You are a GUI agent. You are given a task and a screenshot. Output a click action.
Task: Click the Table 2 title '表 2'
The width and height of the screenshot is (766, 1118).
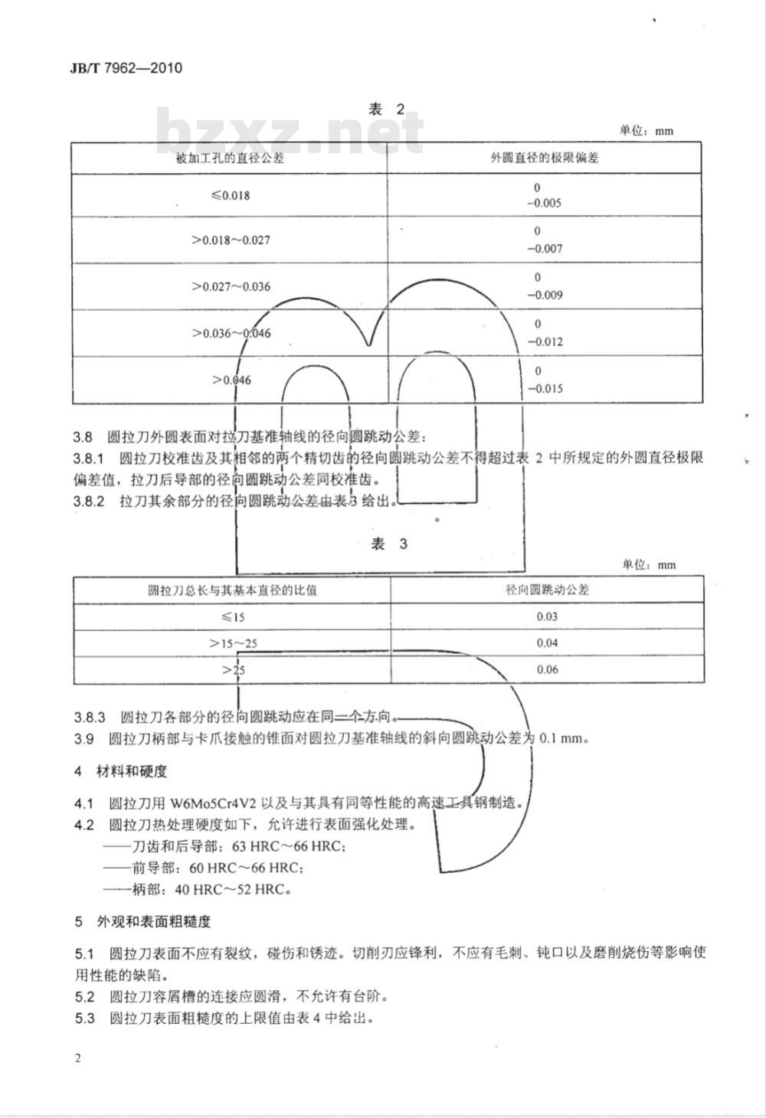(x=387, y=110)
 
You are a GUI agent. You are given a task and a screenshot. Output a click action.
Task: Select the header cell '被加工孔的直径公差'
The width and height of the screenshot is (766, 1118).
(x=230, y=159)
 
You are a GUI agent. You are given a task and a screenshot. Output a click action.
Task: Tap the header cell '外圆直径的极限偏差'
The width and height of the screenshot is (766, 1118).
(x=544, y=159)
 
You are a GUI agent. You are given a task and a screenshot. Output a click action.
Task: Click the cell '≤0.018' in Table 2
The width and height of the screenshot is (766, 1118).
(x=231, y=195)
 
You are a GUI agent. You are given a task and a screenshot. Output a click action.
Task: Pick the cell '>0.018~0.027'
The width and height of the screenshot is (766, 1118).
(x=231, y=240)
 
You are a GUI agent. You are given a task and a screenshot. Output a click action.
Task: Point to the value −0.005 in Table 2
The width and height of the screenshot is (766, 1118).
(x=544, y=204)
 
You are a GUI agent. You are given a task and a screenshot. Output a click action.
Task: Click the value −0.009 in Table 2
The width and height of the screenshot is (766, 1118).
(x=545, y=296)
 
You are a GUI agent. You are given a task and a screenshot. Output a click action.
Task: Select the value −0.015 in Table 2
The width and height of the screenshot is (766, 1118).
(x=545, y=388)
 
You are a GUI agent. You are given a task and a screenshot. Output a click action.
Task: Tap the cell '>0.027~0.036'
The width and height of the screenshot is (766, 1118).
(x=231, y=287)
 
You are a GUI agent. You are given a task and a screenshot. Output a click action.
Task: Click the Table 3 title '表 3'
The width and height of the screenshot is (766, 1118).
(x=389, y=544)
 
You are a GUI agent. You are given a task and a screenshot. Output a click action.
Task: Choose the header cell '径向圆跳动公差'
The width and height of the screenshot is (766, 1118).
(x=547, y=590)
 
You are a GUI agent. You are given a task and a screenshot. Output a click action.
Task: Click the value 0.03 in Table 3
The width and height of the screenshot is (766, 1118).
(x=547, y=616)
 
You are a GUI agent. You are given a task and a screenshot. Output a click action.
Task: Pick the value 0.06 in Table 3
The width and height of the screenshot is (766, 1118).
(x=547, y=669)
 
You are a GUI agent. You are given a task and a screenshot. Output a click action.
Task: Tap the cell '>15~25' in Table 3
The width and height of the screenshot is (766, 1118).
(x=233, y=643)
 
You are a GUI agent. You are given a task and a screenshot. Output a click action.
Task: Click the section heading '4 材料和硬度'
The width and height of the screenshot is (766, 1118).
(x=120, y=771)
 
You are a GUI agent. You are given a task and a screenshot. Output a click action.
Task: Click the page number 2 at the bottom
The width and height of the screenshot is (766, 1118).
(x=78, y=1058)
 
